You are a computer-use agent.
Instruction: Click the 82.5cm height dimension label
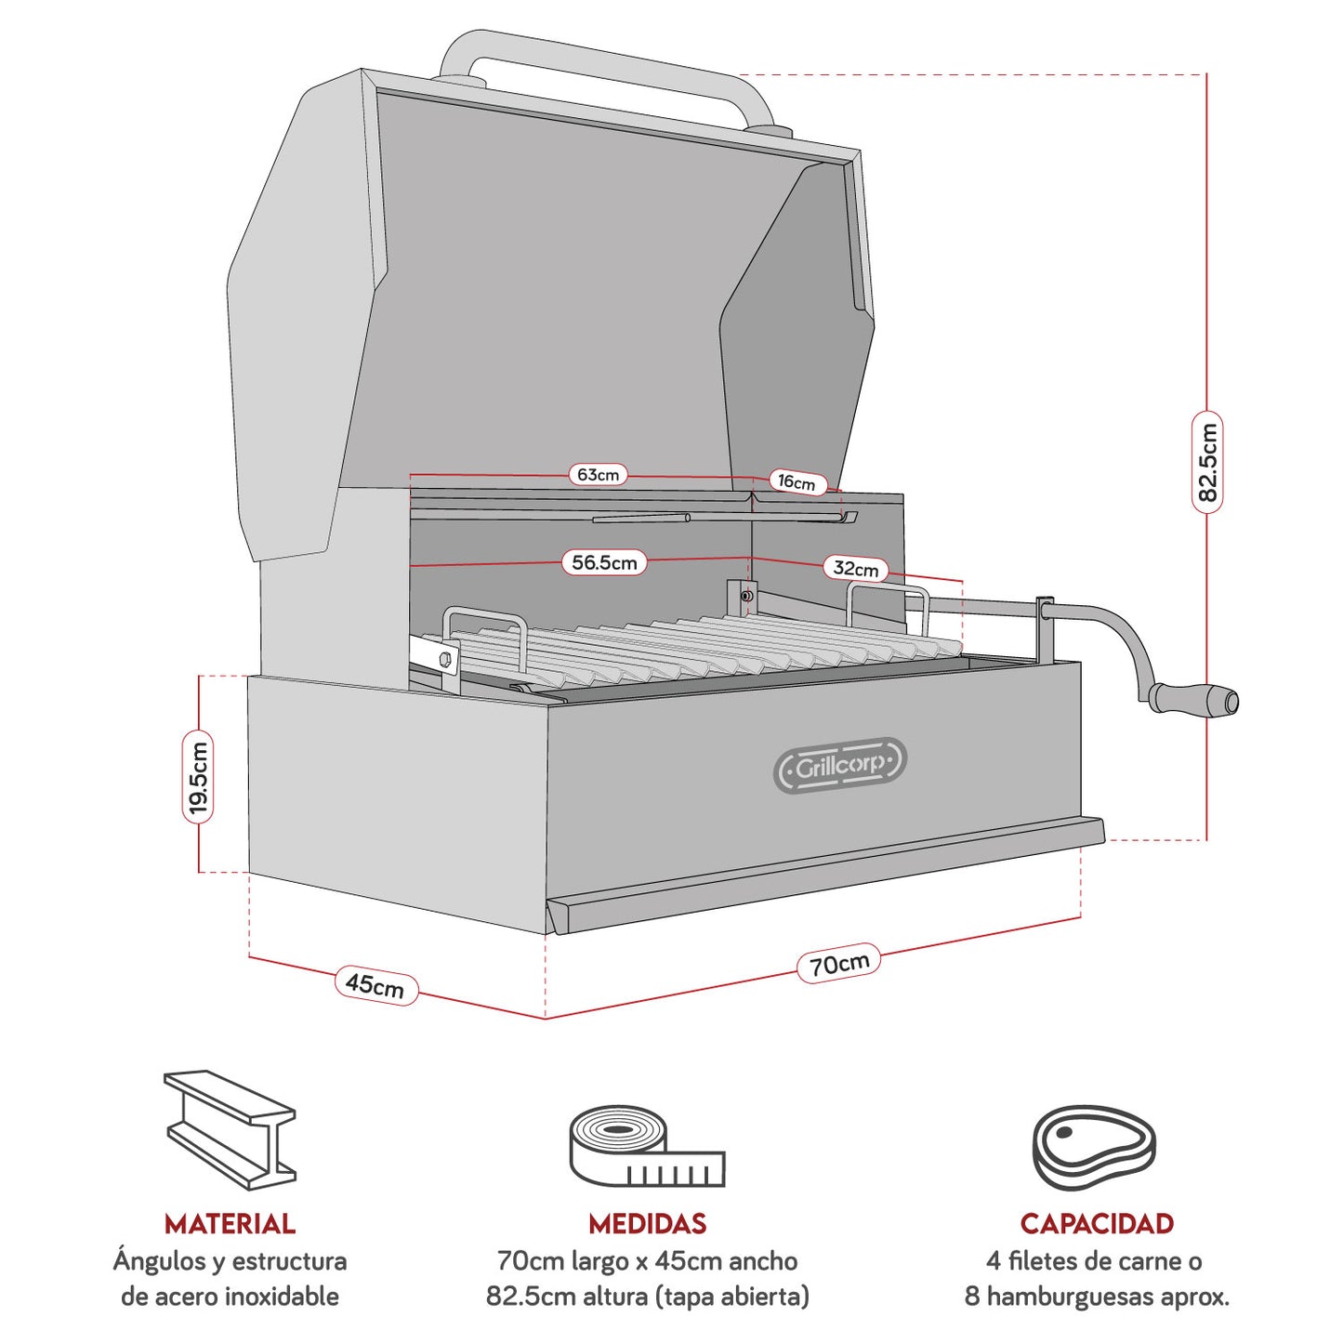tap(1206, 462)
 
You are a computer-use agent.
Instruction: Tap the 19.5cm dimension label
tap(198, 777)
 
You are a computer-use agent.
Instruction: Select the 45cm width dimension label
tap(375, 985)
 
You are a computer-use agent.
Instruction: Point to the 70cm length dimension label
tap(838, 965)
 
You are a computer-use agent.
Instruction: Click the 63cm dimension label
tap(598, 475)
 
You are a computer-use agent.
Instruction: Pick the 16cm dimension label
tap(797, 481)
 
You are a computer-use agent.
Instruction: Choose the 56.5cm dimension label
tap(604, 562)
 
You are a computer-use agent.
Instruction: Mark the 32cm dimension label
tap(855, 569)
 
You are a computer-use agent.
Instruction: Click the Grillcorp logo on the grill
tap(839, 766)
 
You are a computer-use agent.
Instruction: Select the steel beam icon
tap(230, 1129)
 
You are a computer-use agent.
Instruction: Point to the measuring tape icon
tap(646, 1147)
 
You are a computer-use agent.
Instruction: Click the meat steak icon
tap(1094, 1147)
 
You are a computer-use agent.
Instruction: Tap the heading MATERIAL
tap(230, 1223)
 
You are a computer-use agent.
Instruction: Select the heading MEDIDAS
tap(647, 1223)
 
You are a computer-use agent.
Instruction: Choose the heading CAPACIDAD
tap(1097, 1223)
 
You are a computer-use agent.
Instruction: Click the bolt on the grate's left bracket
tap(444, 658)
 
